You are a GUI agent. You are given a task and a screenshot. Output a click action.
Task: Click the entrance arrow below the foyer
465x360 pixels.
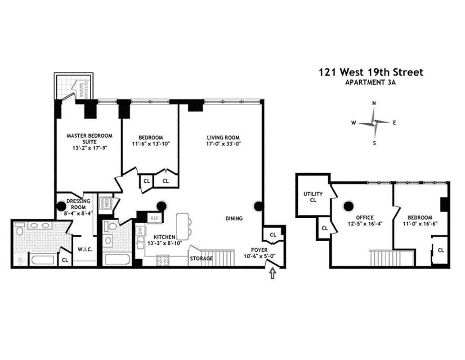(273, 273)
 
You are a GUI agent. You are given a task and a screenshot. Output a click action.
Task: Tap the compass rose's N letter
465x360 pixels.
(374, 103)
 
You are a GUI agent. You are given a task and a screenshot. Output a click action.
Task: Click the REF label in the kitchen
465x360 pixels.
(155, 218)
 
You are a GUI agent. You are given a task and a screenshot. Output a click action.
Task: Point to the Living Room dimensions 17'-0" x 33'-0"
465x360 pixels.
(224, 144)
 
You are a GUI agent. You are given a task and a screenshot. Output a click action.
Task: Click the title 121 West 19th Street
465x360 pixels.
(371, 72)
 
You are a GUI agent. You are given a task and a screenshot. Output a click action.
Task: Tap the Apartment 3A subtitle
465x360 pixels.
(371, 82)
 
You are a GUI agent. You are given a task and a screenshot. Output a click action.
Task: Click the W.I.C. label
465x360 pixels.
(85, 250)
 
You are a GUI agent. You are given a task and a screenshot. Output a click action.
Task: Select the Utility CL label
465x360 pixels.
(313, 197)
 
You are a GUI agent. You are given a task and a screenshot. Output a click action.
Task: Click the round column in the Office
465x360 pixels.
(349, 206)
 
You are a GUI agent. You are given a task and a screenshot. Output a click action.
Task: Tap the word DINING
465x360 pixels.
(234, 218)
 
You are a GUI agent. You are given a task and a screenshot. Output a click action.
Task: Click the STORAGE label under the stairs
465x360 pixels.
(201, 258)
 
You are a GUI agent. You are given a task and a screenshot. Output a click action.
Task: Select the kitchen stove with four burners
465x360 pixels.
(162, 260)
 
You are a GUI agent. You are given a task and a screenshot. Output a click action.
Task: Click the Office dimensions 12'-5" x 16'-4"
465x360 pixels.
(365, 224)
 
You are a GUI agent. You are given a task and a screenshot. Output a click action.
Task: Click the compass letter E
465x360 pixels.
(394, 122)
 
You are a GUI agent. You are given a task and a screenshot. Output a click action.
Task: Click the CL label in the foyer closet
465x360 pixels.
(273, 235)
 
